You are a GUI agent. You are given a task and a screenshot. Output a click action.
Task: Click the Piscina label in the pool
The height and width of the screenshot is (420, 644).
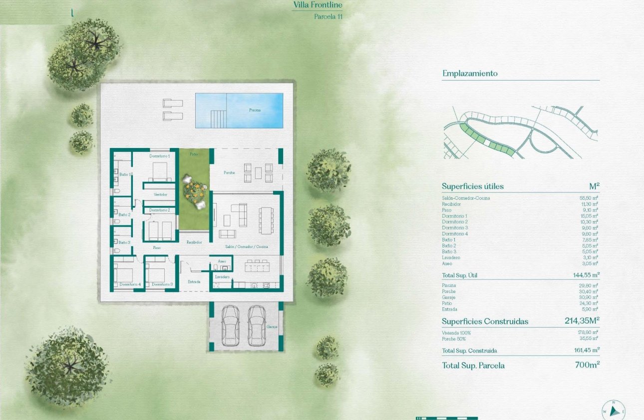(255, 110)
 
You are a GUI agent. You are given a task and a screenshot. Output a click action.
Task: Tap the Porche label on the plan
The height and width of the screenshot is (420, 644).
(229, 172)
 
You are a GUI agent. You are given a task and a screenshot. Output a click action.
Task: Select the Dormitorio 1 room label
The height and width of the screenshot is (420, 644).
(160, 156)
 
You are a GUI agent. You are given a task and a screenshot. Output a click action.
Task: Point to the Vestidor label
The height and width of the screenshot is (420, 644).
(160, 194)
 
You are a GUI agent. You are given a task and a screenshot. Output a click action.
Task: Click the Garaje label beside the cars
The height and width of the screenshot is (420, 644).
(274, 327)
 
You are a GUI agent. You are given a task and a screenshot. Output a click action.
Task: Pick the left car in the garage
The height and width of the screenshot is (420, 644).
(230, 325)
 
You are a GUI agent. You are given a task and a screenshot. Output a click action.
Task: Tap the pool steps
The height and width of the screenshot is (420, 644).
(218, 119)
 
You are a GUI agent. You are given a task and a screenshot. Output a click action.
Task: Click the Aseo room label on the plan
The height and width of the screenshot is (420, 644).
(222, 261)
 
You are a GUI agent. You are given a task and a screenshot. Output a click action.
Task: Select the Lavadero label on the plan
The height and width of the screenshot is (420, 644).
(222, 276)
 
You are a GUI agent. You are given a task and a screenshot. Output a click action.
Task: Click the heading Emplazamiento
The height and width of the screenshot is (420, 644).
(470, 73)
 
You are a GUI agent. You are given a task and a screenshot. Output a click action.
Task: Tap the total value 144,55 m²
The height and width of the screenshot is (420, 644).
(586, 274)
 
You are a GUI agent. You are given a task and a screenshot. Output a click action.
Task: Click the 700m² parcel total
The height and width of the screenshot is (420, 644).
(587, 365)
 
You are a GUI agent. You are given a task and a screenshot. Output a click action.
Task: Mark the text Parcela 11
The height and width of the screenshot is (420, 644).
(328, 16)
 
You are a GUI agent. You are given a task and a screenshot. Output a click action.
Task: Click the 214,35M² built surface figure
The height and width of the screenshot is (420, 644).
(582, 321)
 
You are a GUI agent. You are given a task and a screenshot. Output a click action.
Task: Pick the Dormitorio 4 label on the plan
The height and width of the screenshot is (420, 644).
(130, 284)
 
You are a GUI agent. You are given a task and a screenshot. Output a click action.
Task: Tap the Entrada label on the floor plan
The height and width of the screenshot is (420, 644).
(194, 281)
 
